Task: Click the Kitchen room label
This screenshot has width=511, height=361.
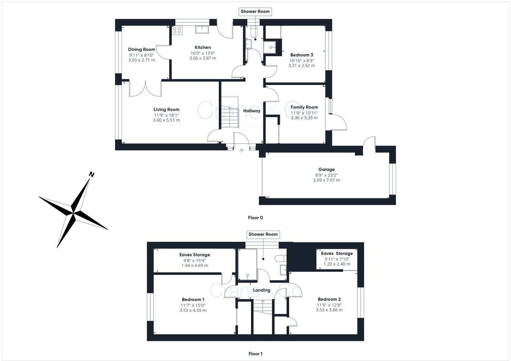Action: (203, 47)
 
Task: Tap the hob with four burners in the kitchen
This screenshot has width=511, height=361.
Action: (177, 30)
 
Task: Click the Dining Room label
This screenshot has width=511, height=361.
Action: (142, 49)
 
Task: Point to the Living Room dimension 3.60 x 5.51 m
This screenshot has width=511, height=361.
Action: (166, 120)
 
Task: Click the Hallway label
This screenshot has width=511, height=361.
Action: (252, 111)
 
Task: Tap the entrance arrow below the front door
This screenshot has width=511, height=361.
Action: (241, 151)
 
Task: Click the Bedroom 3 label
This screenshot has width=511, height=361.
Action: (301, 55)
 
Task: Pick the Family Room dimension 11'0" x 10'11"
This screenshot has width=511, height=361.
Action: (304, 113)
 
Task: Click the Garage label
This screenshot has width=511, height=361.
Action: (326, 170)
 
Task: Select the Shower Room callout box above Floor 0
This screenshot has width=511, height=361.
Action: (255, 11)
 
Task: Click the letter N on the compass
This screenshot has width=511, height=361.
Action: (91, 174)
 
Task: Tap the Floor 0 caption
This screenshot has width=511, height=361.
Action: (255, 218)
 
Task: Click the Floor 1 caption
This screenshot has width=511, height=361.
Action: (255, 354)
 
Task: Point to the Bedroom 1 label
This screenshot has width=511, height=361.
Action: (193, 300)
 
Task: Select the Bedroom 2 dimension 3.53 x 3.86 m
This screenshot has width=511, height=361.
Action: (329, 310)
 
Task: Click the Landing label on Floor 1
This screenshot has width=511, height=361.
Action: (262, 290)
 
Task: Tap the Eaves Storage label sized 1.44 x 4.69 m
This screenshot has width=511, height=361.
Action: (195, 255)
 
